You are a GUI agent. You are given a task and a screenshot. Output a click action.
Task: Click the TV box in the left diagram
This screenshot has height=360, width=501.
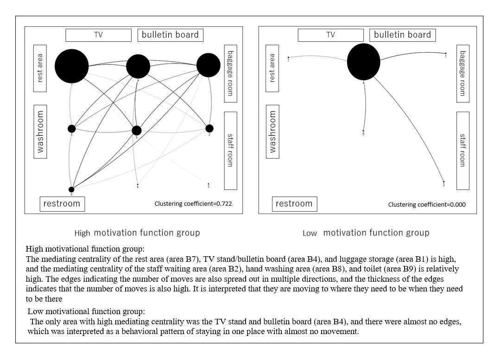point(98,35)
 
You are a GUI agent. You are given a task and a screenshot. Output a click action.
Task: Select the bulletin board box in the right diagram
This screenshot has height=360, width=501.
point(402,35)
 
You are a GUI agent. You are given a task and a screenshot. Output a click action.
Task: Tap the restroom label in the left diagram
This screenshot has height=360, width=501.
point(62,204)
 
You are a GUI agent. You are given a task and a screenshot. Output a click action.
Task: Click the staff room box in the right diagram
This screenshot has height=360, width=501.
point(463,150)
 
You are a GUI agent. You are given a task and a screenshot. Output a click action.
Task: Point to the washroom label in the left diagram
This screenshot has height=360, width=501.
point(40,131)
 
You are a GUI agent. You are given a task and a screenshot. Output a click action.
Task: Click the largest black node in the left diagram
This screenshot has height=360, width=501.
point(71,65)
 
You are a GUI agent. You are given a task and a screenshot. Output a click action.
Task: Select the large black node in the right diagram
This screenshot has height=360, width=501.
point(363,62)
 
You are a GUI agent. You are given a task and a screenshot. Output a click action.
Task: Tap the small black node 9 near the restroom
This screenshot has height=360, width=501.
point(71,189)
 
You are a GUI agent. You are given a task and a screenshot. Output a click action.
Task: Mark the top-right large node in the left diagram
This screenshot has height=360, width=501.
point(209,65)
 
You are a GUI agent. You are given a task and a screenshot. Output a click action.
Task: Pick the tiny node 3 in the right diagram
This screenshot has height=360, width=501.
point(444,182)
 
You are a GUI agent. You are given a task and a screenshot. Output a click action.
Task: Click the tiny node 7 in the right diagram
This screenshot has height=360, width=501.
point(288,57)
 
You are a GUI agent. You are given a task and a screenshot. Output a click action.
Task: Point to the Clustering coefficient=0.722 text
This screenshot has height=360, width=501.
point(193,204)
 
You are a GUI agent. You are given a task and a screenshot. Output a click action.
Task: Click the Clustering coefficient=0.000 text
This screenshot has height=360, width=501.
point(427,204)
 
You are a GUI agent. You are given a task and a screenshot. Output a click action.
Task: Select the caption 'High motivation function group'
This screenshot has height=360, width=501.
point(137,233)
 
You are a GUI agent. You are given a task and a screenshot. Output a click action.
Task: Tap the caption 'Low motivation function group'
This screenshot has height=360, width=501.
point(366,233)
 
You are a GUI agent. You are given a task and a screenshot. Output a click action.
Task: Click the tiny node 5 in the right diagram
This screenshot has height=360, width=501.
point(363,131)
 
